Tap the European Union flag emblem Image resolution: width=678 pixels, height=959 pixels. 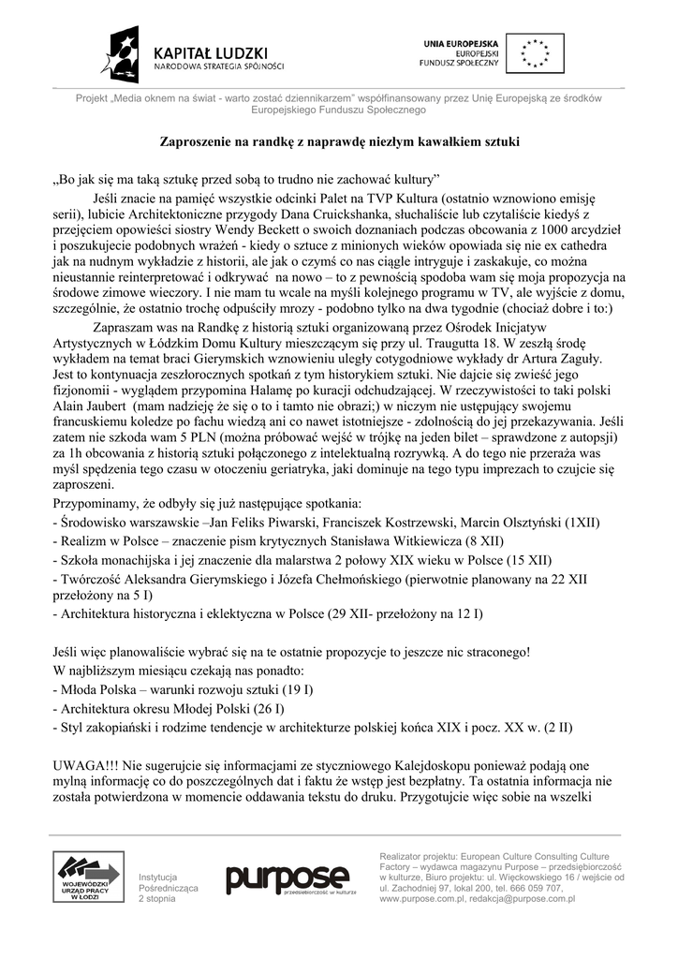click(x=536, y=52)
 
